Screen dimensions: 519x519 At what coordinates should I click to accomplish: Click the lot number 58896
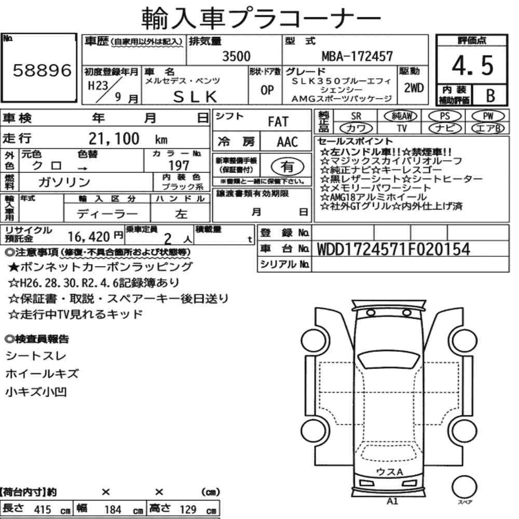pyautogui.click(x=42, y=71)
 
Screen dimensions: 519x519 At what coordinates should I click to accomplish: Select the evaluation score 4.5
pyautogui.click(x=472, y=65)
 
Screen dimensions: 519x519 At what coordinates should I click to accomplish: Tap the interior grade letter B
pyautogui.click(x=490, y=95)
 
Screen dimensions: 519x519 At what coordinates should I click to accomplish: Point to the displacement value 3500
pyautogui.click(x=236, y=56)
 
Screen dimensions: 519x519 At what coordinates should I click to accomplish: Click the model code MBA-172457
pyautogui.click(x=357, y=56)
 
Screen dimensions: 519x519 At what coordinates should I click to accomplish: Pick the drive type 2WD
pyautogui.click(x=414, y=88)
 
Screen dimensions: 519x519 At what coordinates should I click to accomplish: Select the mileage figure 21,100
pyautogui.click(x=114, y=139)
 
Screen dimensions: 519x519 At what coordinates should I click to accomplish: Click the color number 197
pyautogui.click(x=179, y=165)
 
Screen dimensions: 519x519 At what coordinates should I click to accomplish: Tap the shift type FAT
pyautogui.click(x=278, y=121)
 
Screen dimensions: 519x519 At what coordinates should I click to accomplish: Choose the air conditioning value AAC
pyautogui.click(x=288, y=142)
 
